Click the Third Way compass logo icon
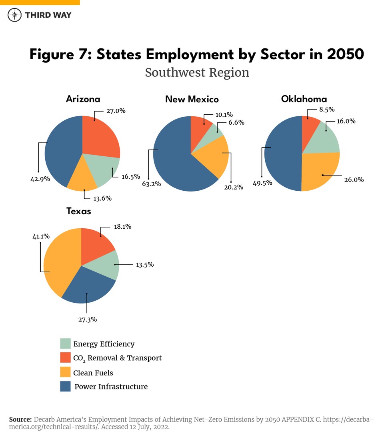(x=15, y=15)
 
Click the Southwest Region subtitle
(x=197, y=72)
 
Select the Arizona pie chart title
(x=83, y=99)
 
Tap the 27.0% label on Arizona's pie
(x=116, y=111)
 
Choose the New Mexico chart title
(x=192, y=99)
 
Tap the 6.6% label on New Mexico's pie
(x=236, y=122)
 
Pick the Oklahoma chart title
(x=304, y=99)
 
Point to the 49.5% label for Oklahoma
(x=262, y=183)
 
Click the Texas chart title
(x=78, y=211)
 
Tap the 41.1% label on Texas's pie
(x=41, y=237)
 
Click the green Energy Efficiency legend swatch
(x=65, y=343)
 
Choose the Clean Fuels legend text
(x=93, y=373)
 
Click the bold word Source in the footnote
(x=20, y=419)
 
